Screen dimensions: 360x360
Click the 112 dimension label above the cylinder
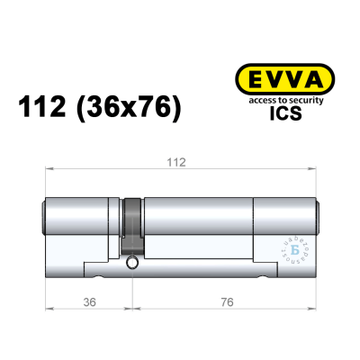(176, 162)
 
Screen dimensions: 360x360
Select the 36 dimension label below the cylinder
(87, 301)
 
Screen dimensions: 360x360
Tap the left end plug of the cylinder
(45, 217)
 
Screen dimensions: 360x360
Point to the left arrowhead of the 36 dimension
(48, 309)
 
